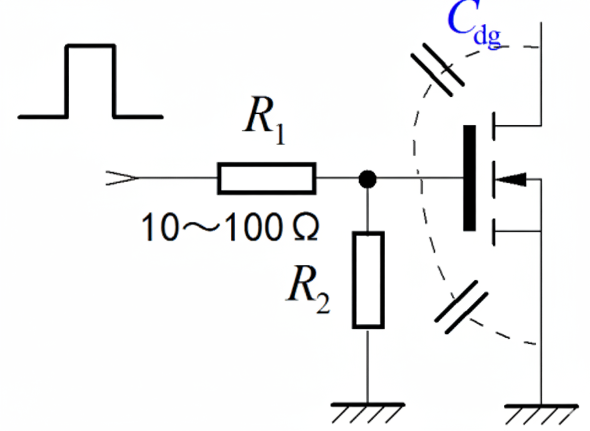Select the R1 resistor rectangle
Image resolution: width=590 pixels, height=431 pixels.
[x=267, y=178]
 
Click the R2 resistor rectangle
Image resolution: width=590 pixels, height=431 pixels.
[x=368, y=280]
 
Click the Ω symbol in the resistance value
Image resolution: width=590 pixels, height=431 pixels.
[x=302, y=228]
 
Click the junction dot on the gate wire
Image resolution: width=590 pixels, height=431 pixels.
[x=368, y=178]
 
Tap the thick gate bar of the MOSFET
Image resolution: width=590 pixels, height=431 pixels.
[x=469, y=178]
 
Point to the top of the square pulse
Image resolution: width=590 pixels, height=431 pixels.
[x=91, y=46]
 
